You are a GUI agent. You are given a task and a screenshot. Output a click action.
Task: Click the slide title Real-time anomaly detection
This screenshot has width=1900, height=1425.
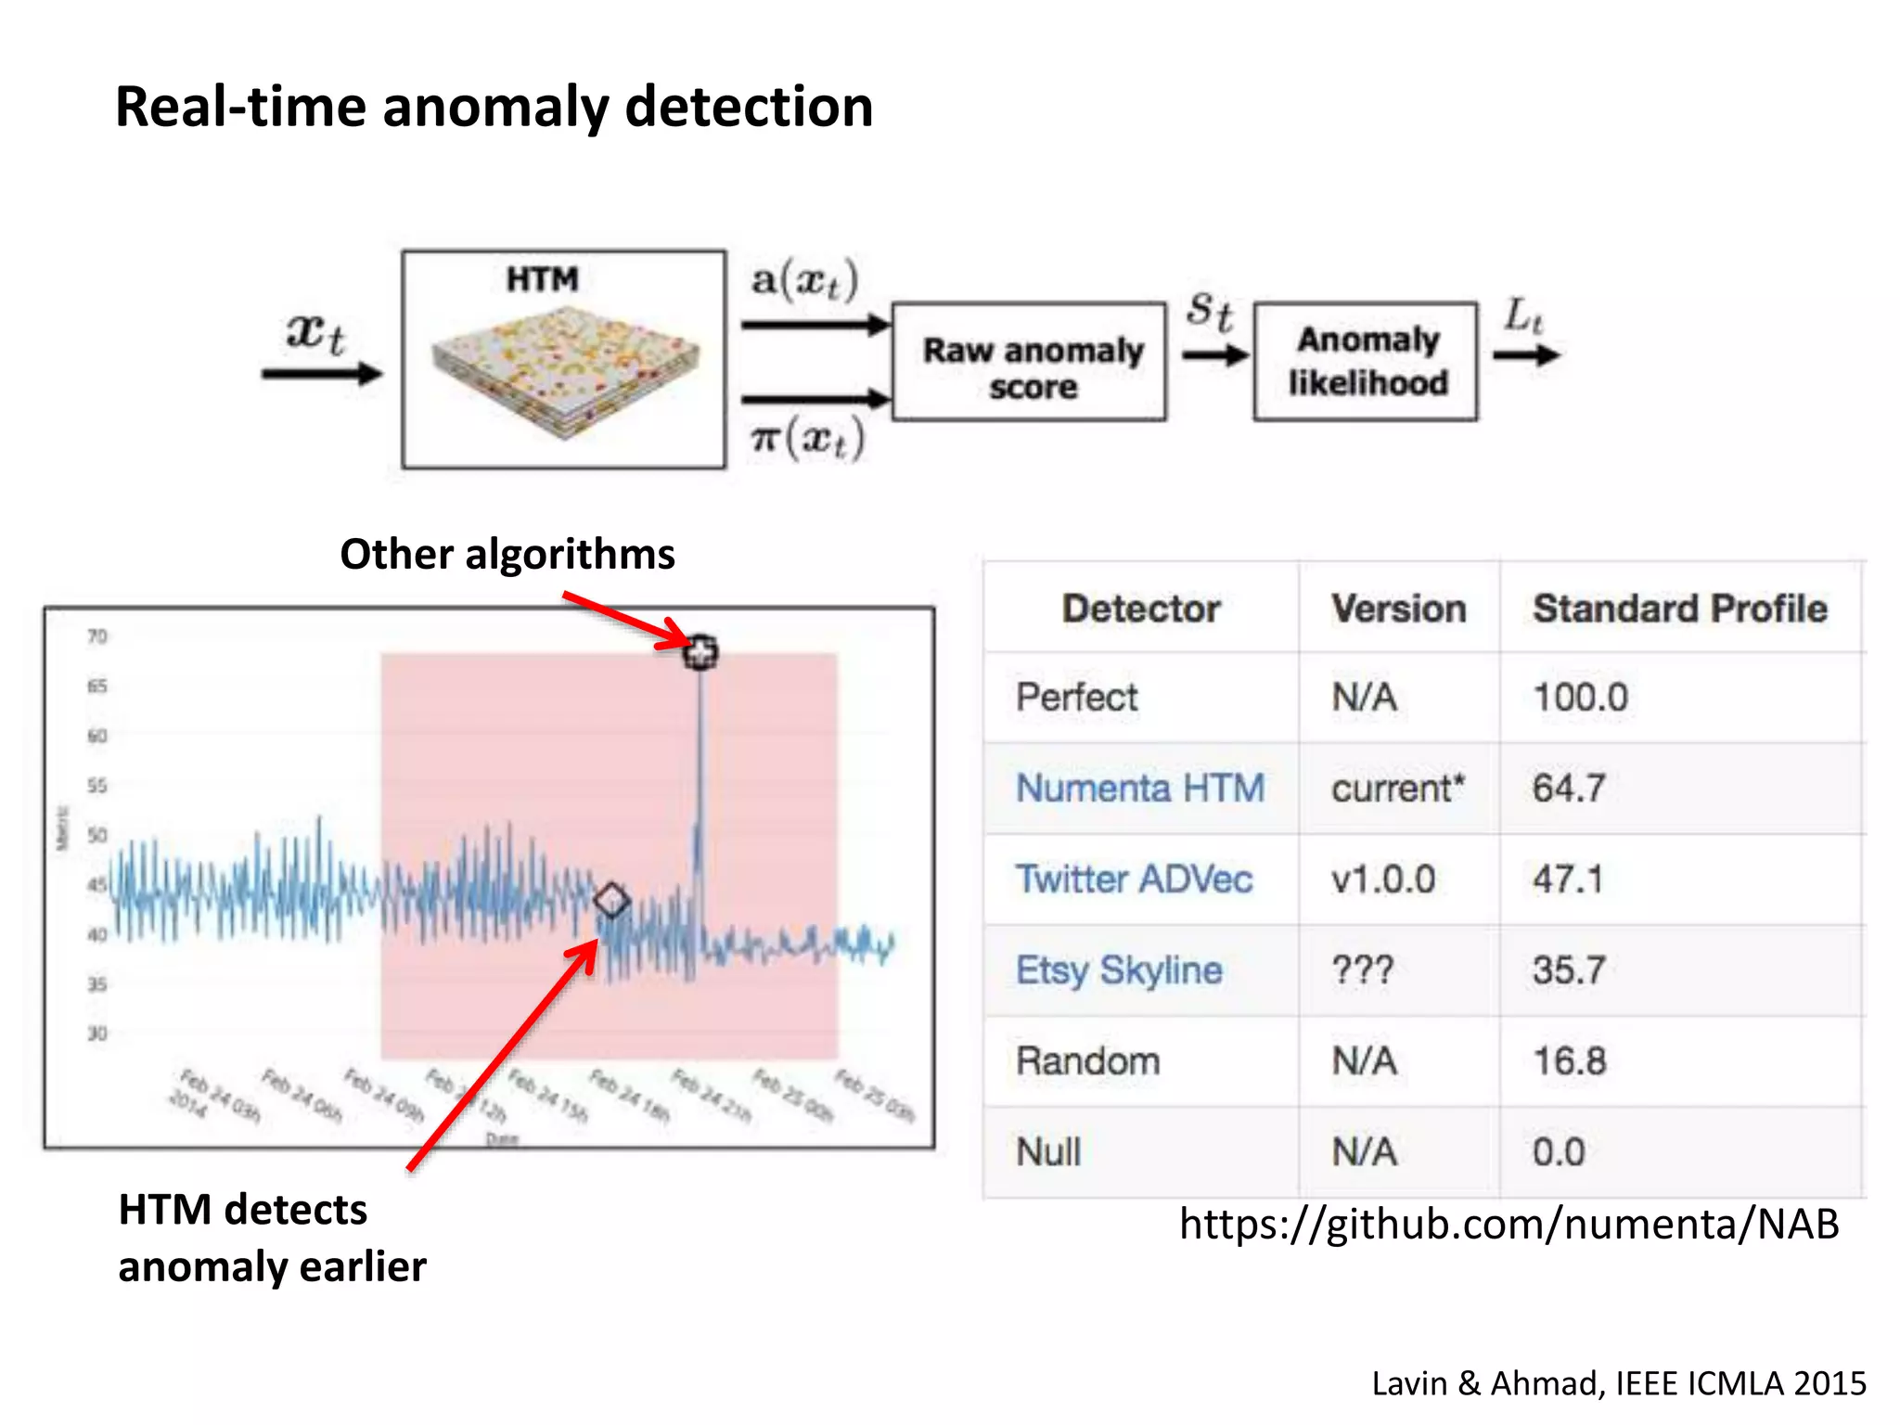(x=494, y=107)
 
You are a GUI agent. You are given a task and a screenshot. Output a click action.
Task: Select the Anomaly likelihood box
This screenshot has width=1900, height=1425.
(x=1366, y=362)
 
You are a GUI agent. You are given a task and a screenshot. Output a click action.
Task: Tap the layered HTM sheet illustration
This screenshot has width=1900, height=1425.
(x=564, y=372)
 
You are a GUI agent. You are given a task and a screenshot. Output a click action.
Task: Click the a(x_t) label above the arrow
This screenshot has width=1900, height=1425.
(x=804, y=280)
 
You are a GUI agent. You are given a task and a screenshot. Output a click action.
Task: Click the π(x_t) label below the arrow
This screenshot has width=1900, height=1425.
(x=807, y=438)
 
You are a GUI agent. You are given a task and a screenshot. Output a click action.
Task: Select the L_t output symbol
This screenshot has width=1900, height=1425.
(x=1523, y=316)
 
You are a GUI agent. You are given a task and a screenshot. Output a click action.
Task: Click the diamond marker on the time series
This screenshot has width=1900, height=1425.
(x=611, y=900)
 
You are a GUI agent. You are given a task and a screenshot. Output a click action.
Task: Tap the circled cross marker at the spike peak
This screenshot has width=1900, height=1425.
(x=700, y=651)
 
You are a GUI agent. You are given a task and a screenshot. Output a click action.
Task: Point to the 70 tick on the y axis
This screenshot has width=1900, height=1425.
(x=97, y=636)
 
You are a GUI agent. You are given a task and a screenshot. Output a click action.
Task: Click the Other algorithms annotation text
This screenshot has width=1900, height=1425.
(x=507, y=555)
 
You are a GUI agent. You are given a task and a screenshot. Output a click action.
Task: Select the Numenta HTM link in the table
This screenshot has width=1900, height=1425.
(x=1139, y=789)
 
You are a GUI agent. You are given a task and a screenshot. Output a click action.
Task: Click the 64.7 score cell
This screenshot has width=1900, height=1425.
(x=1568, y=789)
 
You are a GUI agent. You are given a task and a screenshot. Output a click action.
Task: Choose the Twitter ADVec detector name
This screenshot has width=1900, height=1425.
(x=1134, y=879)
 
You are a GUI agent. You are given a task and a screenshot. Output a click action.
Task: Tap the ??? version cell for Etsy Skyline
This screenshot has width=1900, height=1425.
(x=1362, y=970)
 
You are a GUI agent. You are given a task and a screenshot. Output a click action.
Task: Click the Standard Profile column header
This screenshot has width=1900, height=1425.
(x=1679, y=609)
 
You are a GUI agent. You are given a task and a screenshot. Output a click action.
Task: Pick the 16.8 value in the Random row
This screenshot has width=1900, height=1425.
(x=1569, y=1060)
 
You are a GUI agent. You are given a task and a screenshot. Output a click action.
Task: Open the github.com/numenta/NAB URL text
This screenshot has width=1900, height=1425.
(x=1508, y=1224)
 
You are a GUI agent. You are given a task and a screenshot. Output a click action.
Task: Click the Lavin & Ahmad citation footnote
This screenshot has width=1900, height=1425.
(x=1618, y=1383)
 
